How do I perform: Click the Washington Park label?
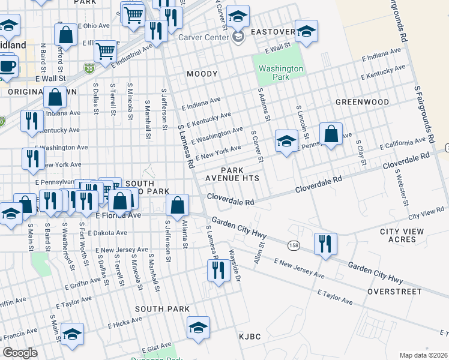280,73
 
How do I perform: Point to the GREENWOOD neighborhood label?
362,102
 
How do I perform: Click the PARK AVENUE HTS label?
232,175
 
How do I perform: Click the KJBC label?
250,336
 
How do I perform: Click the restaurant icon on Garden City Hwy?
325,244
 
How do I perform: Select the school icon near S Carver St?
286,142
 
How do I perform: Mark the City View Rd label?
425,214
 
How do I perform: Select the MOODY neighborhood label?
202,74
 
